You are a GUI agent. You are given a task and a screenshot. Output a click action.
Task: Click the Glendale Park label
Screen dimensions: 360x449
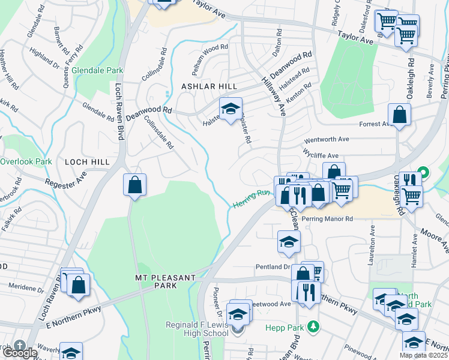pos(97,70)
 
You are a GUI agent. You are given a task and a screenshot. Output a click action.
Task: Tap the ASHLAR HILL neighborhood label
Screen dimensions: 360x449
pos(206,87)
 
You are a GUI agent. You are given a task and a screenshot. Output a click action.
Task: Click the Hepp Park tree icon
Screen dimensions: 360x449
pos(312,327)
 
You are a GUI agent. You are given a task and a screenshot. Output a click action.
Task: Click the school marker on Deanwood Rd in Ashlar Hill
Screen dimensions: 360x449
pos(230,110)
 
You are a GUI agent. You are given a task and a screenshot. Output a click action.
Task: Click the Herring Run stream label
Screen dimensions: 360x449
pos(250,199)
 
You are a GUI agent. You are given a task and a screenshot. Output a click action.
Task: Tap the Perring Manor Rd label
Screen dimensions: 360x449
pos(328,219)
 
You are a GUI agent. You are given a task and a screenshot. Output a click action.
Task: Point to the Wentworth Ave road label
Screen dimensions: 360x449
pos(327,139)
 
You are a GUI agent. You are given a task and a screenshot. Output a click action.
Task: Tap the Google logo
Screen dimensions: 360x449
pos(19,352)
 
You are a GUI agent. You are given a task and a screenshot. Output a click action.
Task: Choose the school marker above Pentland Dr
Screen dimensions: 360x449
pos(289,242)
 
